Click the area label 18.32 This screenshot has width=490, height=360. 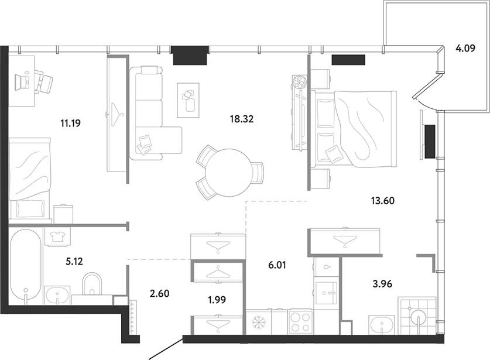pyautogui.click(x=242, y=119)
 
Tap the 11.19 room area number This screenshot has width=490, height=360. pyautogui.click(x=71, y=123)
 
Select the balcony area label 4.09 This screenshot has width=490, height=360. pyautogui.click(x=465, y=49)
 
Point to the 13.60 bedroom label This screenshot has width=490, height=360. pyautogui.click(x=383, y=200)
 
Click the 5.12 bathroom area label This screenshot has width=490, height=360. pyautogui.click(x=74, y=261)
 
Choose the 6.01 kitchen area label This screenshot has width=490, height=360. pyautogui.click(x=277, y=265)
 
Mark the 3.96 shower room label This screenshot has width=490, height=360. pyautogui.click(x=382, y=284)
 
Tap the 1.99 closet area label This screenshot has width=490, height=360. pyautogui.click(x=217, y=300)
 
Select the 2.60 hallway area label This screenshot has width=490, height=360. pyautogui.click(x=160, y=293)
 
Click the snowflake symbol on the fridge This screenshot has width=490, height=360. pyautogui.click(x=258, y=321)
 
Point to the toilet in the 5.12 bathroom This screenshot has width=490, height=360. pyautogui.click(x=92, y=284)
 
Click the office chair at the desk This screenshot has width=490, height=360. pyautogui.click(x=44, y=82)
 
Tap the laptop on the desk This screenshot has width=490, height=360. pyautogui.click(x=22, y=82)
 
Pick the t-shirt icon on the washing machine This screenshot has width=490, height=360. pyautogui.click(x=57, y=236)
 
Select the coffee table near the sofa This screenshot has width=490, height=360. pyautogui.click(x=188, y=100)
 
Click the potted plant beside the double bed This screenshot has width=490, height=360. pyautogui.click(x=300, y=82)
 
